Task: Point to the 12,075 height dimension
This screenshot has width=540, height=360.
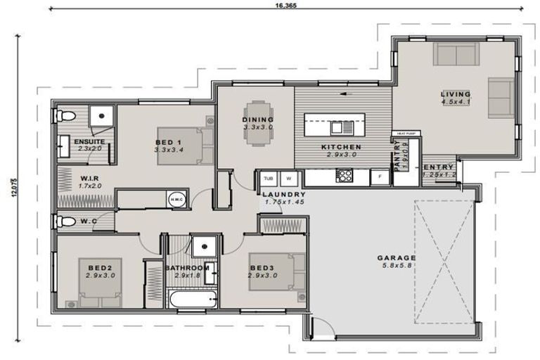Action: point(13,192)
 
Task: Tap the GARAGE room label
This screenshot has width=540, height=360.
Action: point(397,258)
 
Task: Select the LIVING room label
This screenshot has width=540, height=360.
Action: point(456,94)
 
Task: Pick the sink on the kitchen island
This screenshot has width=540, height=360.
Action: point(340,127)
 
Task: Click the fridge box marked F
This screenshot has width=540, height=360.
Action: point(380,176)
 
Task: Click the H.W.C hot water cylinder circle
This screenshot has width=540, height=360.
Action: point(176,200)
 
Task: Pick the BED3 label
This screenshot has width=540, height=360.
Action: point(262,267)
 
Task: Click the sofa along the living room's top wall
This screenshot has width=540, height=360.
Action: point(456,54)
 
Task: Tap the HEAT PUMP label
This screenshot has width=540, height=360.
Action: point(406,133)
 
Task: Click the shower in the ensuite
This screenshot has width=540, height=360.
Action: point(103,115)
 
